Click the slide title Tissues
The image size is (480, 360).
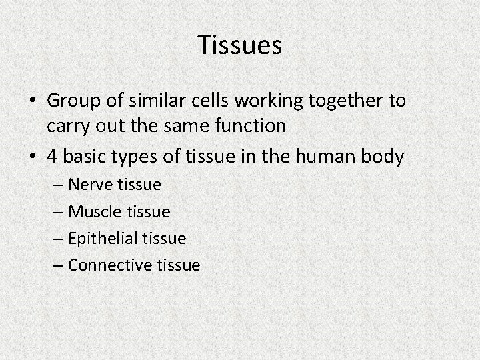click(x=240, y=46)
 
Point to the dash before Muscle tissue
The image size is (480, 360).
click(x=58, y=211)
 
